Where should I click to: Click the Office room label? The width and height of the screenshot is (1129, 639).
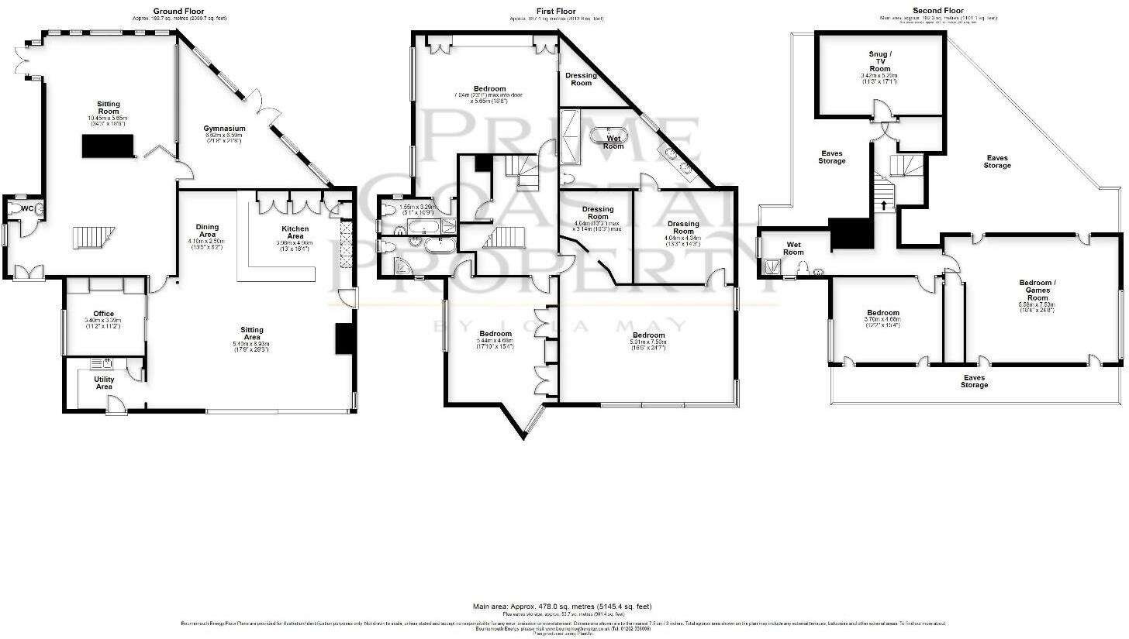click(x=104, y=314)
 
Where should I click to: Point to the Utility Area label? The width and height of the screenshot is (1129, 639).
click(x=104, y=383)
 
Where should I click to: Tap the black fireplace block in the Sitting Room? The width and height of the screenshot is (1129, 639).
click(x=108, y=145)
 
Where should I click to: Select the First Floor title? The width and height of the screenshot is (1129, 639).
click(x=556, y=11)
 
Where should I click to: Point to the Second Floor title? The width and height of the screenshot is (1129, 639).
click(x=938, y=11)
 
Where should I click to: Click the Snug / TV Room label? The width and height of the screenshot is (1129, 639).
click(x=880, y=61)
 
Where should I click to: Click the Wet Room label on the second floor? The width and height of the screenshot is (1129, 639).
click(x=793, y=248)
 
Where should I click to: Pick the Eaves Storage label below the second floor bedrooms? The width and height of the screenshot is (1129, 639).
click(x=975, y=381)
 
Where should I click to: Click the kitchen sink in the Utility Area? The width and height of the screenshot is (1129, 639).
click(x=102, y=363)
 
